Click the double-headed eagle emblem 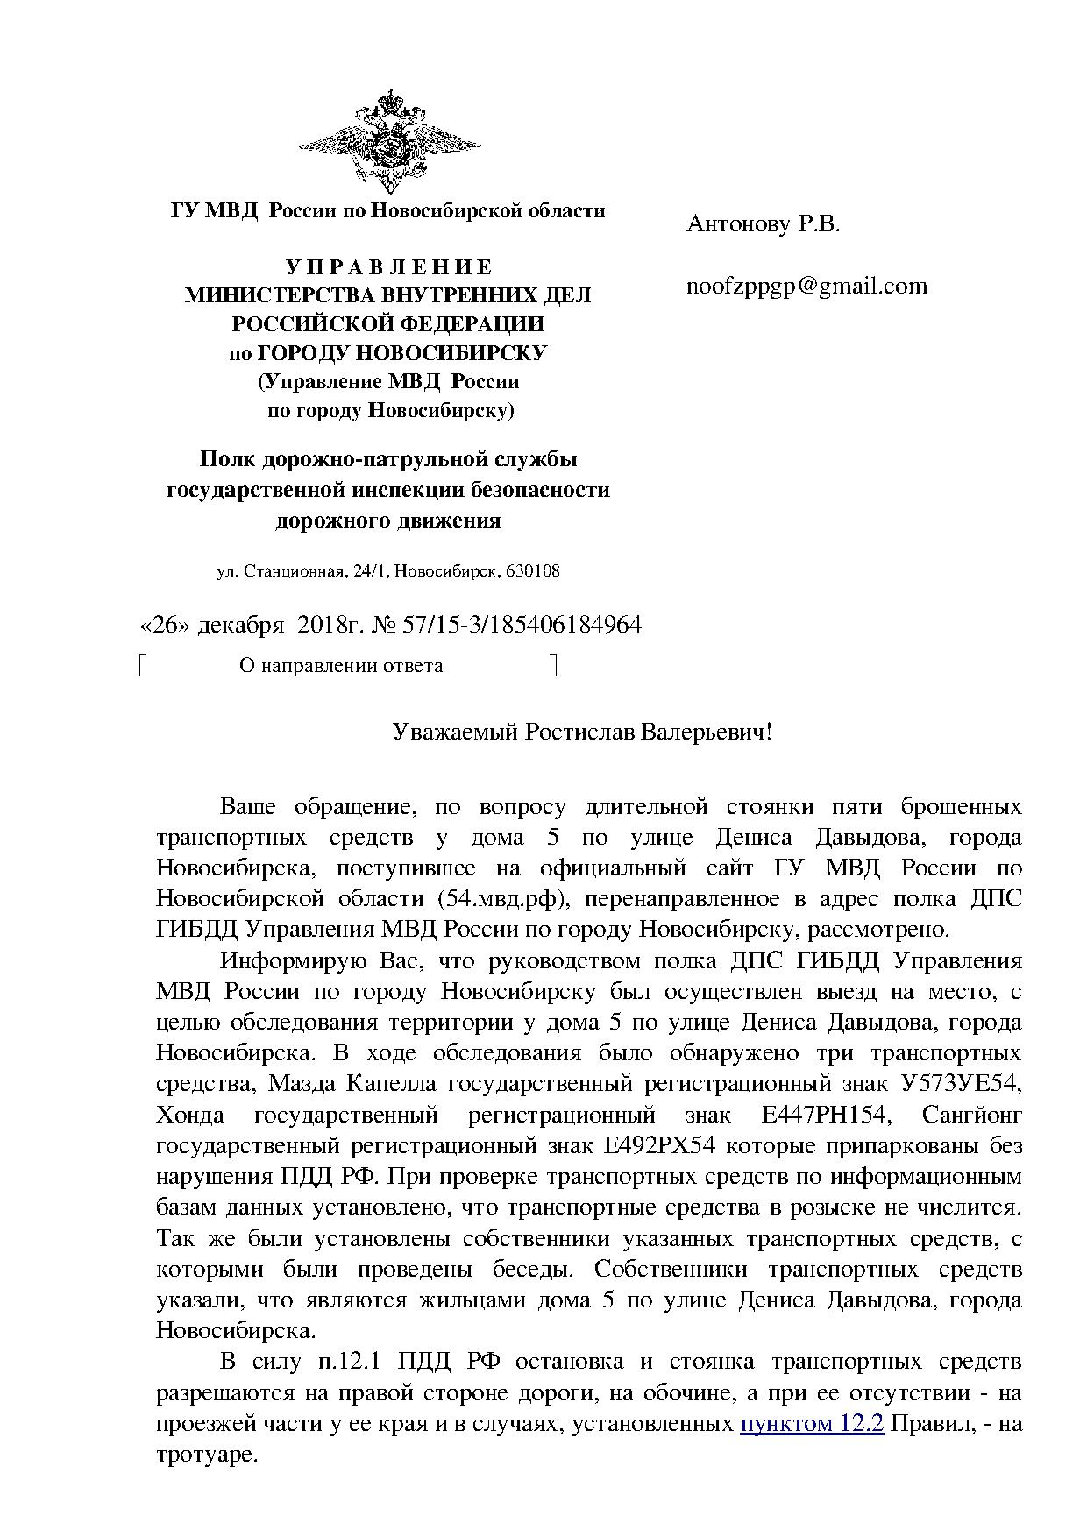tap(387, 140)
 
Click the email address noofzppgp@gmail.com tap(806, 287)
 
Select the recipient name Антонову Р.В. tap(763, 225)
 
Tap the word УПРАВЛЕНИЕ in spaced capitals tap(387, 267)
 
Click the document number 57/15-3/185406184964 tap(522, 625)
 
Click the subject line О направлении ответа tap(340, 666)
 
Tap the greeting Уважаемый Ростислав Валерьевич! tap(582, 732)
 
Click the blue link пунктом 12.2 tap(812, 1425)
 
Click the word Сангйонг tap(972, 1116)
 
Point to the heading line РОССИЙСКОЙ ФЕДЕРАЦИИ tap(387, 324)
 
